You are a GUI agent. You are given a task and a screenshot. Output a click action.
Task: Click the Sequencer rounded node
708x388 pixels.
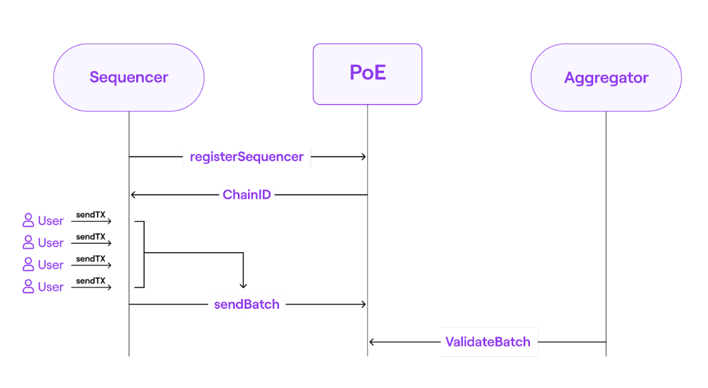click(128, 78)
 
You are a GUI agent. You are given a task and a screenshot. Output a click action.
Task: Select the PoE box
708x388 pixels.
click(368, 74)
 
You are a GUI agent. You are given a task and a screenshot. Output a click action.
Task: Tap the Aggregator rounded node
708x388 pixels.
click(606, 78)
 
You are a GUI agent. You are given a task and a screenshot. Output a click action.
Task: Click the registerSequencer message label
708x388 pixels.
click(247, 157)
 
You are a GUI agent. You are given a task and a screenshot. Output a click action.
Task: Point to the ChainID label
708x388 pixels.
click(247, 195)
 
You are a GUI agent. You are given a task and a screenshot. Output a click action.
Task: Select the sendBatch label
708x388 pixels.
click(247, 305)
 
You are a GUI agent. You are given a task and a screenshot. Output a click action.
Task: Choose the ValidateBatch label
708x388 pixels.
click(487, 342)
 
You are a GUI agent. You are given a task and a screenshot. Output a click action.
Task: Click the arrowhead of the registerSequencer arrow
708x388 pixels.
click(364, 157)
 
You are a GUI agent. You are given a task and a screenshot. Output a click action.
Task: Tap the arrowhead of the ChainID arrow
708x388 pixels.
click(133, 195)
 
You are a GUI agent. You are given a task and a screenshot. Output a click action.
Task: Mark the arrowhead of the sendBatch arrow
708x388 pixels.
click(364, 305)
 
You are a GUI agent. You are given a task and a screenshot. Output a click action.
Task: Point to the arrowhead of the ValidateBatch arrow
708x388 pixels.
click(372, 342)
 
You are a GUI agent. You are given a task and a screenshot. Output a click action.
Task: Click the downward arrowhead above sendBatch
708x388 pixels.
click(243, 285)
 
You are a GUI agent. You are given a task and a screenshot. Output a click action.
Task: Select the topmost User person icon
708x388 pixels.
click(28, 220)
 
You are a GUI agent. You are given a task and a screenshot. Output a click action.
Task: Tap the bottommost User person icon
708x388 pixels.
click(28, 287)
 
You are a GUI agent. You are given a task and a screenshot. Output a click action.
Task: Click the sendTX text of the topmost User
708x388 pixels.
click(90, 215)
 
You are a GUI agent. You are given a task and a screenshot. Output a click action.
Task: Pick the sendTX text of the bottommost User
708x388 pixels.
click(90, 281)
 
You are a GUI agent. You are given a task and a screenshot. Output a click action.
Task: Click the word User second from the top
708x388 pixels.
click(51, 243)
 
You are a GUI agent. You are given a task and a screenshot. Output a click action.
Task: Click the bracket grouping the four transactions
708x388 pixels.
click(144, 254)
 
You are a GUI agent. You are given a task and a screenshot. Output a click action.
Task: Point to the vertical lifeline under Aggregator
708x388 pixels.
click(606, 227)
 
